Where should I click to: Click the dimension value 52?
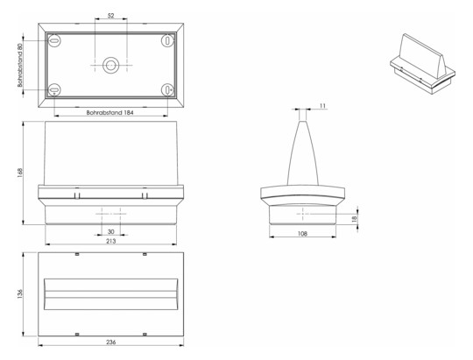tap(109, 16)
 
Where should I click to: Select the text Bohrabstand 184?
tap(109, 113)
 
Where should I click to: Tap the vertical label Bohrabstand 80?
tap(18, 65)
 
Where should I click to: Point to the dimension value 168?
tap(18, 173)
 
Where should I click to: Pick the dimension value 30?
tap(110, 231)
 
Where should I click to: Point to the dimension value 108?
tap(302, 235)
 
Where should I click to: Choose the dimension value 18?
tap(354, 219)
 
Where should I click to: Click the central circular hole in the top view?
tap(110, 65)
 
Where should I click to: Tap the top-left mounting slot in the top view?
tap(53, 40)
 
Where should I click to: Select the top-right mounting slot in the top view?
tap(166, 40)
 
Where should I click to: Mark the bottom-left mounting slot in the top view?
tap(53, 89)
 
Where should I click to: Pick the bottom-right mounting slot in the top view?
tap(166, 89)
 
